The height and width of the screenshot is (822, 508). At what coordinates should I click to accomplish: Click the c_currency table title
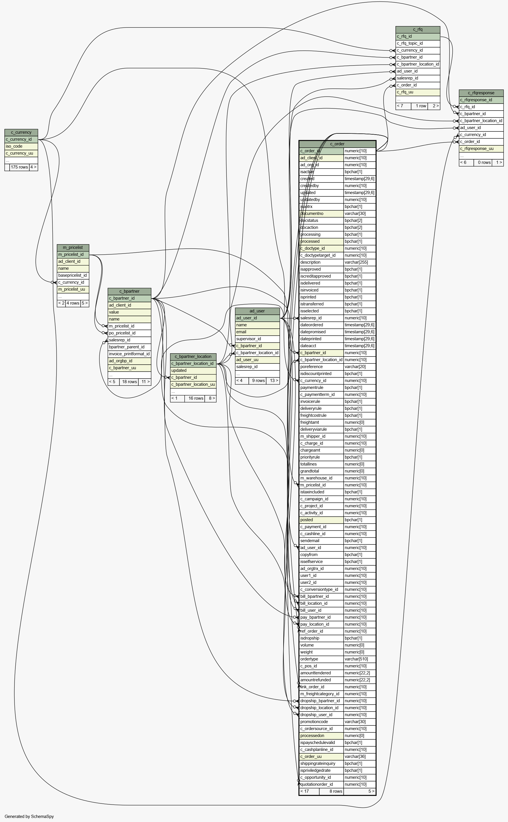[x=21, y=132]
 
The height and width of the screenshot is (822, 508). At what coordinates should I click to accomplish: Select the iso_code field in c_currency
[x=14, y=146]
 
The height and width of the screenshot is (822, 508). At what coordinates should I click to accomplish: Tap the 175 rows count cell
[x=19, y=167]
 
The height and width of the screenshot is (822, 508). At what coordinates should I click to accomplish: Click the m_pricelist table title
[x=73, y=248]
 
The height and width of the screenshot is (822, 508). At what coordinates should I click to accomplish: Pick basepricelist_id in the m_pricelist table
[x=72, y=275]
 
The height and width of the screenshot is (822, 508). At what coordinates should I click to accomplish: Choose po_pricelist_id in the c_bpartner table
[x=122, y=333]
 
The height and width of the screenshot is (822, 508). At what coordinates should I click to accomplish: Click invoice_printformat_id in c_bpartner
[x=129, y=354]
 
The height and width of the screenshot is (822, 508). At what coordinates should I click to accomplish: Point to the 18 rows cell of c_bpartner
[x=129, y=382]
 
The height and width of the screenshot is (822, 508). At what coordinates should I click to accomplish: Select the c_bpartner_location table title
[x=193, y=356]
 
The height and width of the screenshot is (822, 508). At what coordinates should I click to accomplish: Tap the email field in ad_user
[x=241, y=332]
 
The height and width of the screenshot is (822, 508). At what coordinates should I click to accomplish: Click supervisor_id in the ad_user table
[x=248, y=339]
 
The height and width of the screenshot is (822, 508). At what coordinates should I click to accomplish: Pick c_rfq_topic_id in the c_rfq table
[x=410, y=43]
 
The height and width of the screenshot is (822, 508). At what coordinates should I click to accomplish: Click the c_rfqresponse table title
[x=481, y=93]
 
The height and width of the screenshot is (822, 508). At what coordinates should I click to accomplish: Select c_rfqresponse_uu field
[x=477, y=149]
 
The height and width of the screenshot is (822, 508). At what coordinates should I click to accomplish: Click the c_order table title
[x=337, y=144]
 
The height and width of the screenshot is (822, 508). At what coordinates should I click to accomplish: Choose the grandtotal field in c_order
[x=310, y=471]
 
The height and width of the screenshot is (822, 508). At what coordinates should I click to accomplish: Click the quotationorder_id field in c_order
[x=317, y=784]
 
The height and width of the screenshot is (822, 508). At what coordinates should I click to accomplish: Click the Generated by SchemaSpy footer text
[x=29, y=816]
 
